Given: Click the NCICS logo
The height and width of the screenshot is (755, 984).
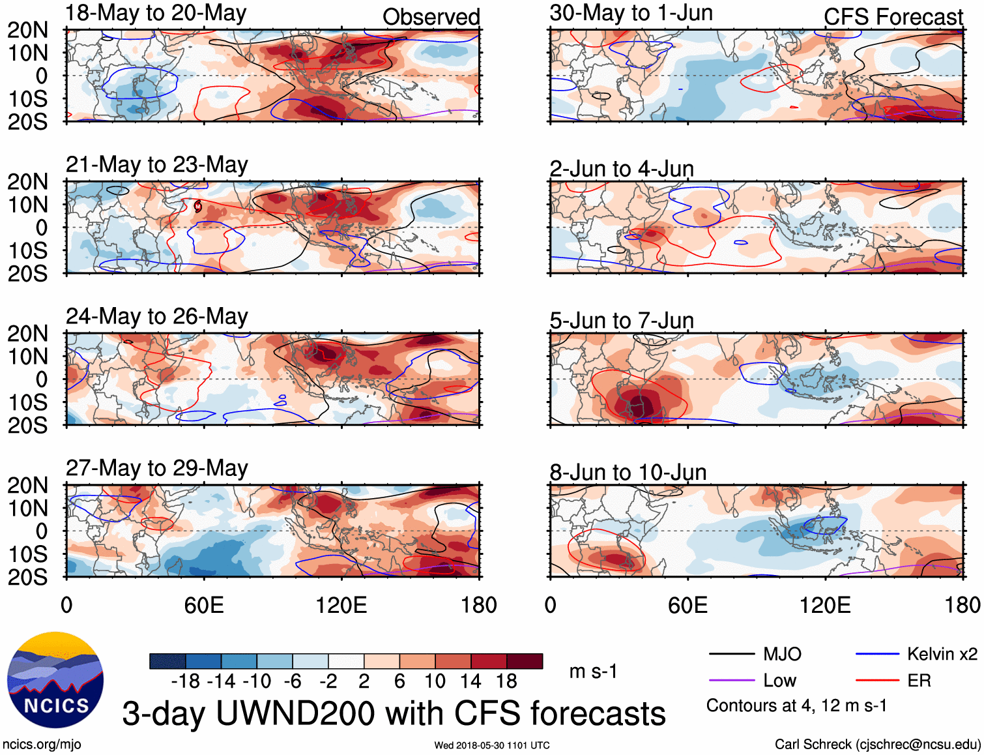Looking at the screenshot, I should click(x=55, y=680).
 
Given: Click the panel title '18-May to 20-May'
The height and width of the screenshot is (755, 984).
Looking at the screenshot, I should click(x=156, y=13).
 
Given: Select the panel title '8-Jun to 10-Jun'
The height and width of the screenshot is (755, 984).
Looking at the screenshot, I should click(x=628, y=472).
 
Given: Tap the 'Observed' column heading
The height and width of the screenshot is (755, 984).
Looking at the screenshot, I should click(x=431, y=17).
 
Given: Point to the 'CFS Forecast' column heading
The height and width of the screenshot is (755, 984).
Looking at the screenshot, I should click(x=893, y=17).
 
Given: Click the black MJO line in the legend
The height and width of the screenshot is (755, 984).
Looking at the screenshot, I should click(x=731, y=654).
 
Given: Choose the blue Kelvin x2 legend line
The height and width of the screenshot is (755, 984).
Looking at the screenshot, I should click(x=877, y=654).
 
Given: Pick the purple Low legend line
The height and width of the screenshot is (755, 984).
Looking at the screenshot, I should click(x=731, y=681).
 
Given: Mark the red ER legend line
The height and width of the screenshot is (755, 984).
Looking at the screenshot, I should click(x=877, y=681).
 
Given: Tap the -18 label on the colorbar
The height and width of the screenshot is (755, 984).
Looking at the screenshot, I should click(x=185, y=681).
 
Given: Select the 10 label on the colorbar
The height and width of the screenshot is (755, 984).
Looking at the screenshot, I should click(x=435, y=681).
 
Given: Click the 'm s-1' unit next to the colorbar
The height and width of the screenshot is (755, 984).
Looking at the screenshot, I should click(x=593, y=672).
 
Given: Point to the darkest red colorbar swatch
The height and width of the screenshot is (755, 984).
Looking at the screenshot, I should click(x=525, y=661).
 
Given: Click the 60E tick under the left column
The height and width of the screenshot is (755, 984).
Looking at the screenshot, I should click(x=204, y=605).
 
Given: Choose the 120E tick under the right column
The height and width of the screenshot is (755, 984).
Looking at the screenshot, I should click(x=825, y=605).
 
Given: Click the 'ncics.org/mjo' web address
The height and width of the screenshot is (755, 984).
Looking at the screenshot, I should click(x=42, y=745).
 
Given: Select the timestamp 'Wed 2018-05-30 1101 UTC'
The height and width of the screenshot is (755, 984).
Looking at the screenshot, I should click(x=492, y=745).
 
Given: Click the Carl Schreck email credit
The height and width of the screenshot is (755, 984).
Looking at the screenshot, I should click(x=877, y=745).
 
